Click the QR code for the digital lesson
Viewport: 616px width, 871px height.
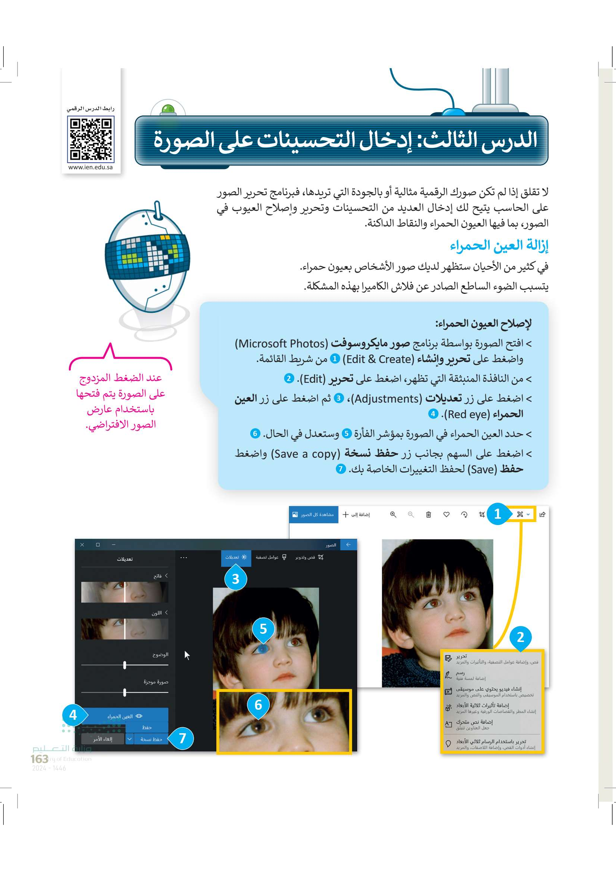point(91,139)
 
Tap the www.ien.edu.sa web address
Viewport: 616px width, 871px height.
point(91,167)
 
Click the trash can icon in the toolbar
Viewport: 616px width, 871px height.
point(428,515)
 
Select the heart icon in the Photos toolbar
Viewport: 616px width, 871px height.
point(446,515)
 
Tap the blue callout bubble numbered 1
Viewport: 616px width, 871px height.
point(497,514)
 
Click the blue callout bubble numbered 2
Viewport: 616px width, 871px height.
point(520,637)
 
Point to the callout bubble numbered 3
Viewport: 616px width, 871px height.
point(235,579)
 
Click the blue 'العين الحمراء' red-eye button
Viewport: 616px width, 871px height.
point(125,716)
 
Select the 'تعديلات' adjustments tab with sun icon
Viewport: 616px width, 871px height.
point(236,557)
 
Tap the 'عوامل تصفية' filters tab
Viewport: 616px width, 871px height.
point(270,557)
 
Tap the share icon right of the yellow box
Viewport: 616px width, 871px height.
point(542,515)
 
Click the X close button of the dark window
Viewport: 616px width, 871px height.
point(82,545)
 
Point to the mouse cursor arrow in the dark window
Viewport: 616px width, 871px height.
point(187,655)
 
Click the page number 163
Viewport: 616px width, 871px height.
point(39,759)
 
